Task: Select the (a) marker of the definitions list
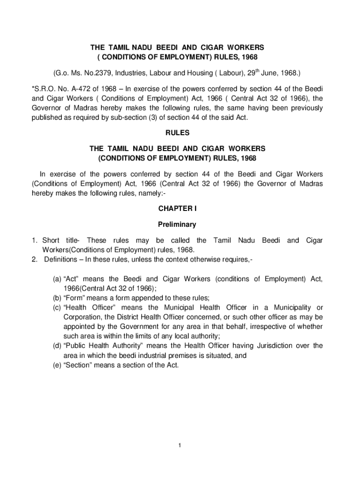[x=56, y=279]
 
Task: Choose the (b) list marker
[x=56, y=298]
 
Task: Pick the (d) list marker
[x=56, y=346]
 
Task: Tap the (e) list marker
[x=56, y=365]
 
